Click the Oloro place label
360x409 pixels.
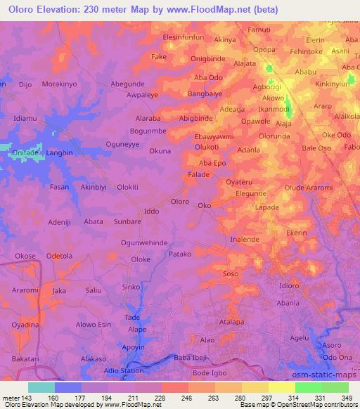[180, 202]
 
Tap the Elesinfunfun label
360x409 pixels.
[183, 36]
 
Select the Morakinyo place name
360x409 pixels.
[60, 84]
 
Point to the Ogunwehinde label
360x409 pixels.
[144, 242]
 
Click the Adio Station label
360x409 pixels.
[124, 370]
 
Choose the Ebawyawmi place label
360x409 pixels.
[214, 136]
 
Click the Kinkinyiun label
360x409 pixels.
[332, 84]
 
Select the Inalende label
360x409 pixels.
[245, 240]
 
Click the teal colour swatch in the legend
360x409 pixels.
[41, 387]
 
